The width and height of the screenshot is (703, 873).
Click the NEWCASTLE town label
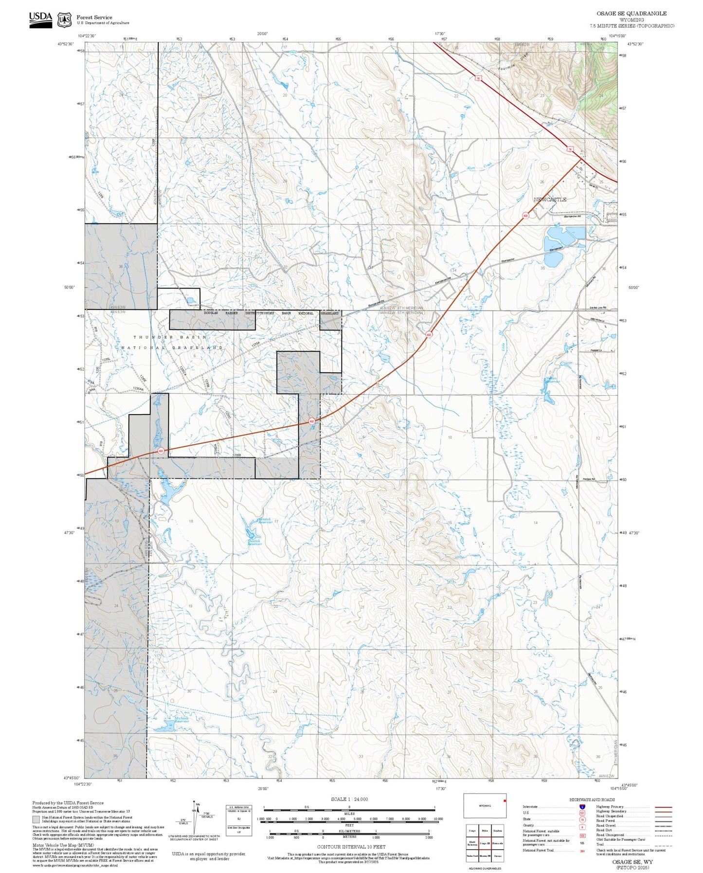550,200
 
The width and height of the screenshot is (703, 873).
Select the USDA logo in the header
40,19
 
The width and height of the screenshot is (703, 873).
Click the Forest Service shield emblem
64,20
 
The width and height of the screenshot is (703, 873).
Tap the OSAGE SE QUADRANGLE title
631,14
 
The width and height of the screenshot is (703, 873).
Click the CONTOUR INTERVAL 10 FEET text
351,846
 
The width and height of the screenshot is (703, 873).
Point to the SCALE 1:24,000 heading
349,799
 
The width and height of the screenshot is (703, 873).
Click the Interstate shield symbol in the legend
582,807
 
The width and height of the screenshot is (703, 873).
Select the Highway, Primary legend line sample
663,807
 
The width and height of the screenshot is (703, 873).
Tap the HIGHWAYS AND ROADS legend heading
592,800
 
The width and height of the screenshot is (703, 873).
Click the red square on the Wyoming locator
505,800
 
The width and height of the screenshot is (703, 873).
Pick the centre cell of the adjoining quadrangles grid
484,843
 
